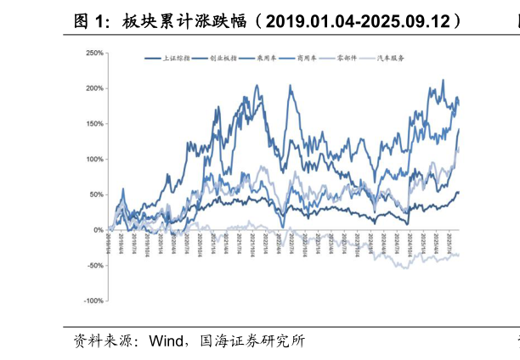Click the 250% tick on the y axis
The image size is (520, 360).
click(x=94, y=53)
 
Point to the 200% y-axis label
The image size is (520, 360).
click(x=94, y=88)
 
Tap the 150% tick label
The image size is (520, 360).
click(x=94, y=124)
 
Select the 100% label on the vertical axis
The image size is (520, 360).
click(x=94, y=160)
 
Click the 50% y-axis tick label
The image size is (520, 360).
click(x=96, y=194)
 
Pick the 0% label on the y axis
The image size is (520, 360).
click(x=99, y=230)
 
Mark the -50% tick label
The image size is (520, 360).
click(x=95, y=266)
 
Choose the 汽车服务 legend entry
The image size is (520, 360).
click(x=391, y=59)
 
